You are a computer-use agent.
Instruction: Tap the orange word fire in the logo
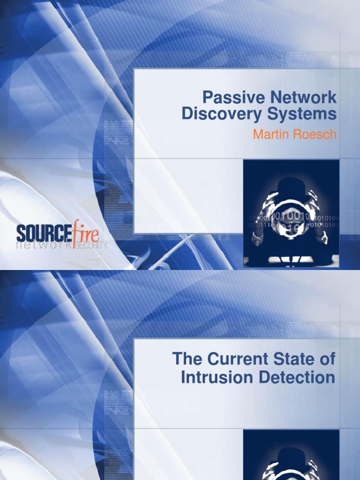point(86,232)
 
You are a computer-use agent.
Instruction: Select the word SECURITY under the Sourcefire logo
point(92,245)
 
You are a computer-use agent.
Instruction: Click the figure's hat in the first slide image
point(291,186)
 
